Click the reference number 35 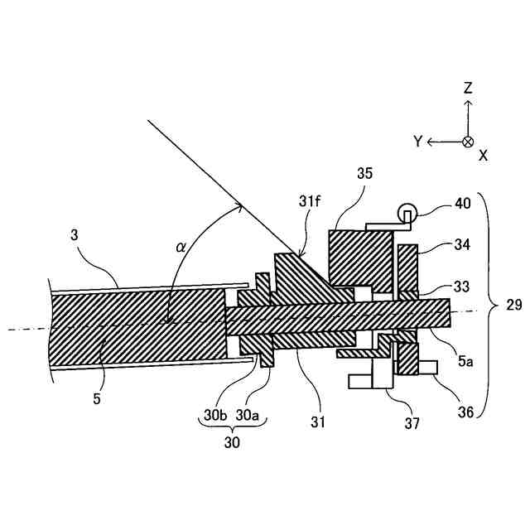point(364,174)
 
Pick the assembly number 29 point(513,306)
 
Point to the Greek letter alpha point(181,246)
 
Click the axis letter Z point(468,88)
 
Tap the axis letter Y point(418,142)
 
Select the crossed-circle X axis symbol point(468,142)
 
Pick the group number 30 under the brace point(233,443)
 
